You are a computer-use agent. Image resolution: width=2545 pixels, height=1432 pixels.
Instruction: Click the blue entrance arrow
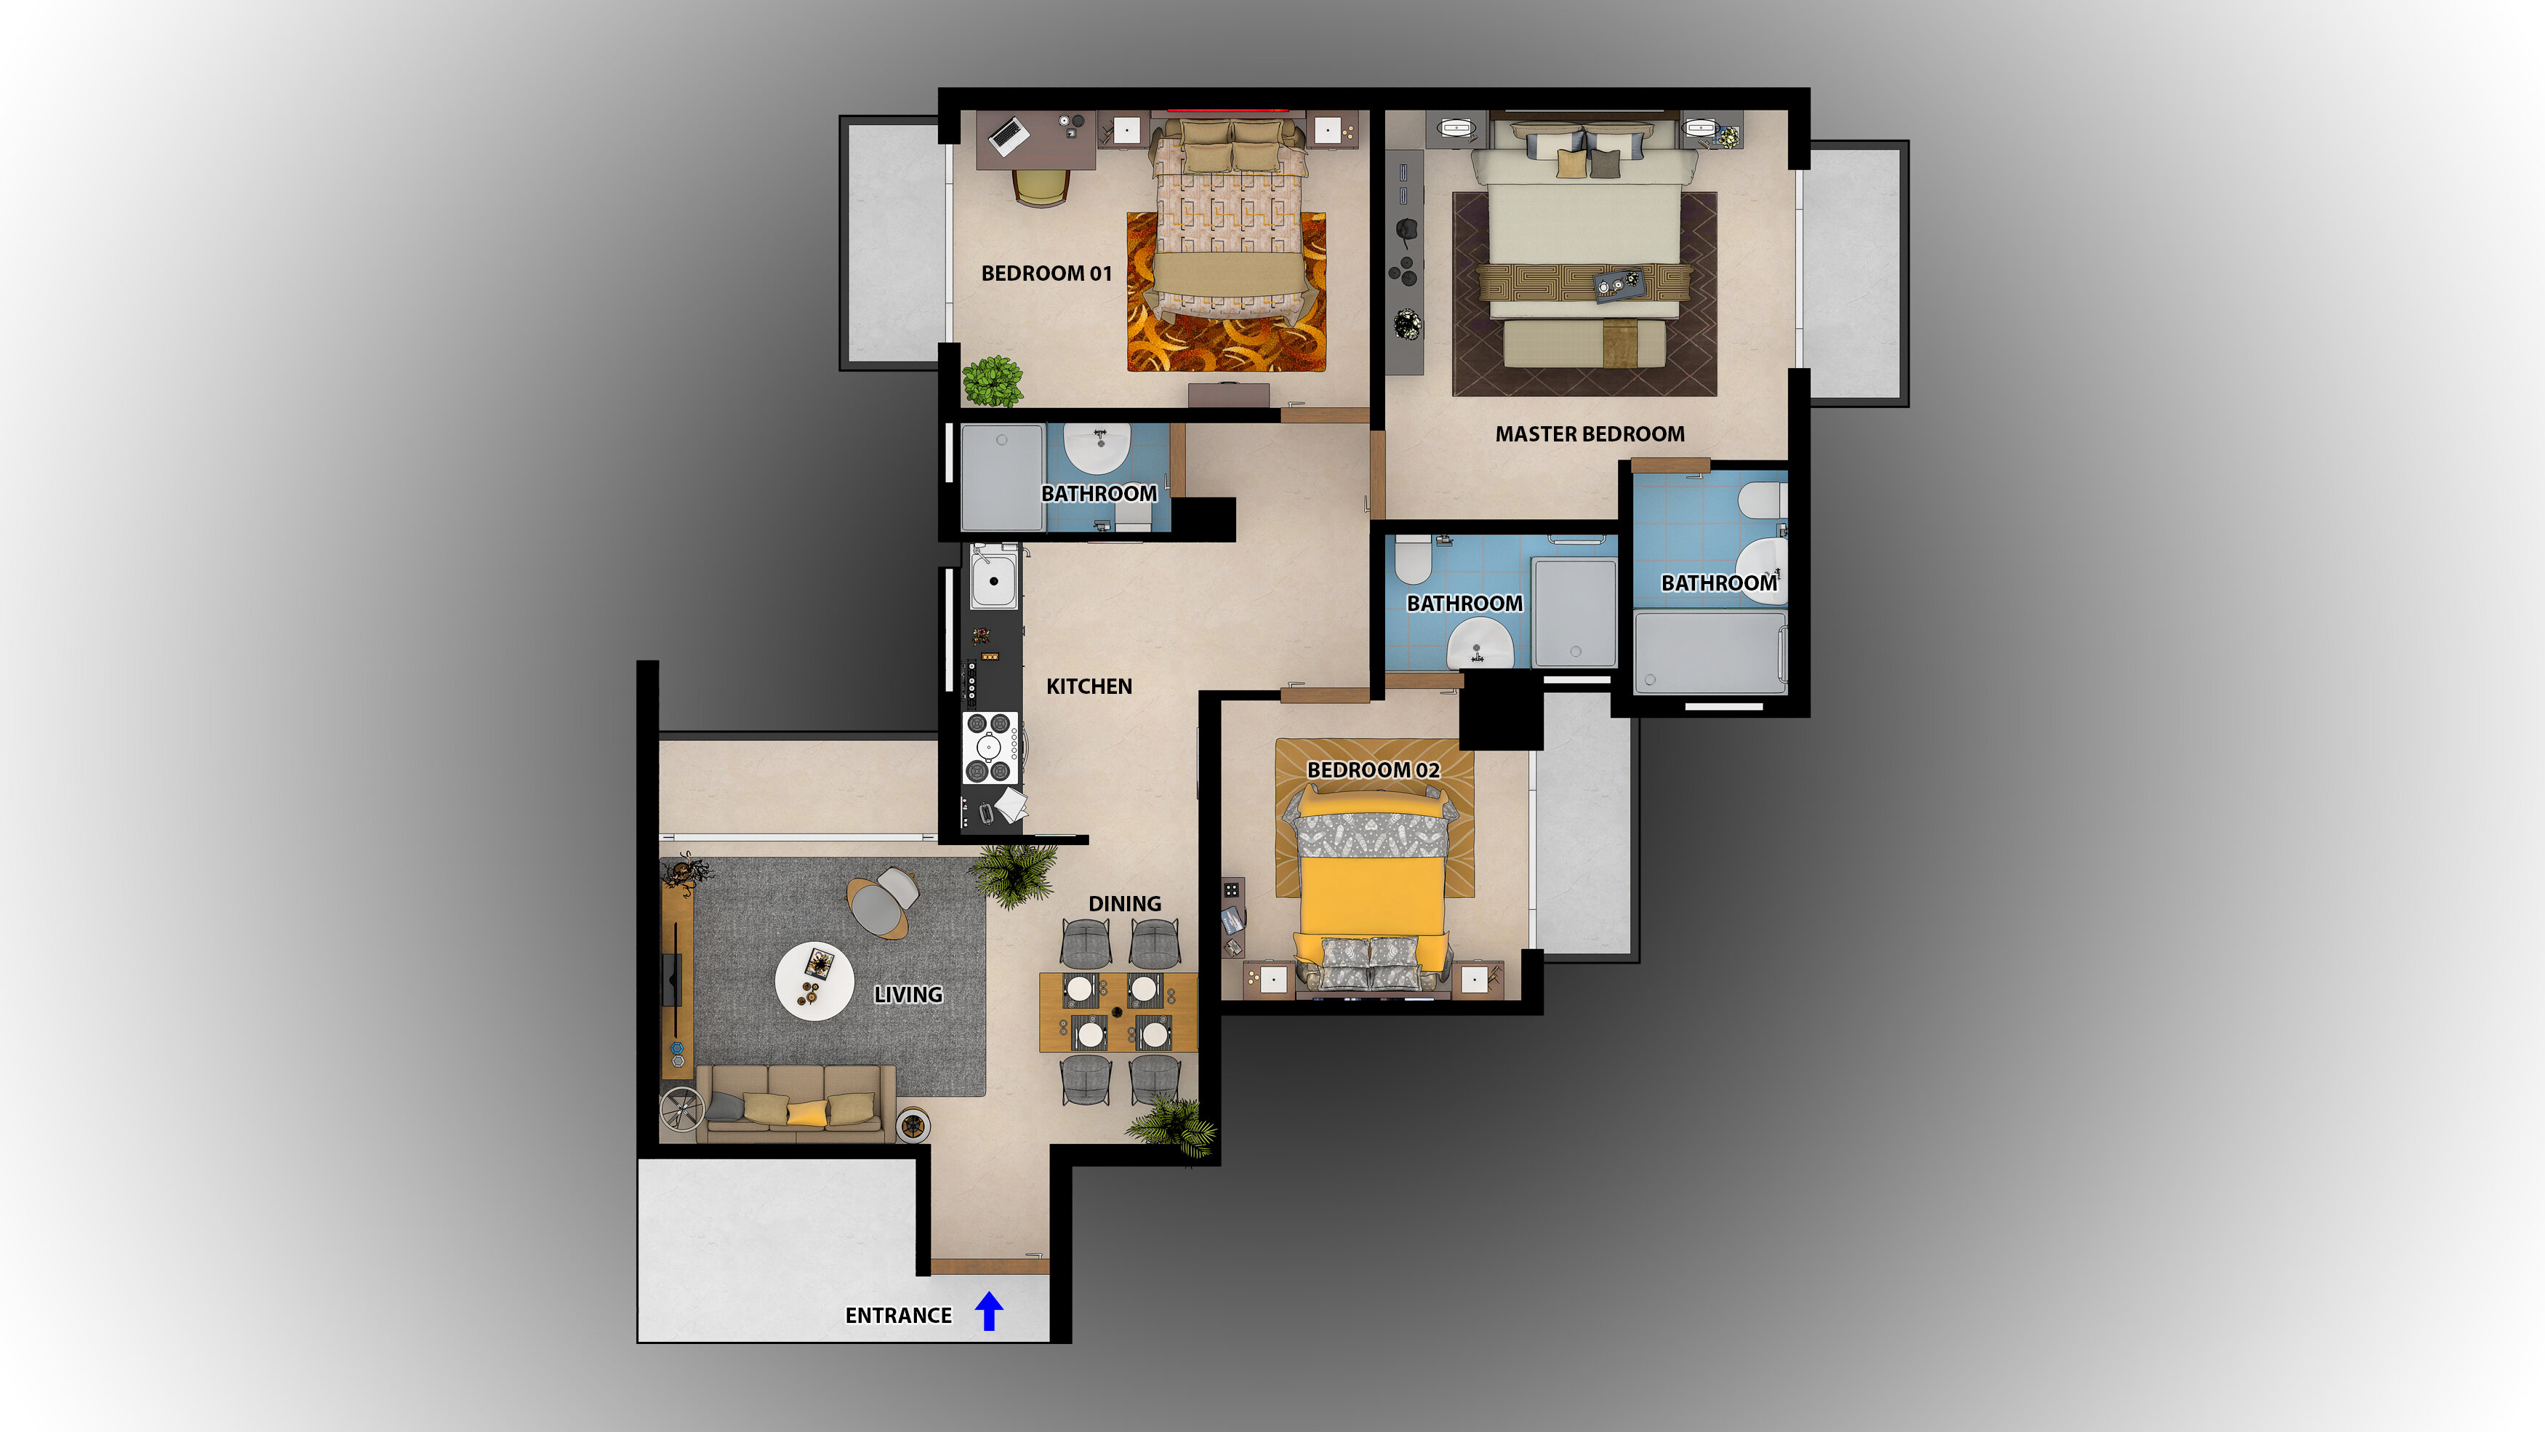[989, 1311]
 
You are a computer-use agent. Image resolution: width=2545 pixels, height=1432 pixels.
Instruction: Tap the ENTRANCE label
[898, 1316]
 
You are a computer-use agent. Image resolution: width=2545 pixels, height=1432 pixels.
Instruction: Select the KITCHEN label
[1089, 686]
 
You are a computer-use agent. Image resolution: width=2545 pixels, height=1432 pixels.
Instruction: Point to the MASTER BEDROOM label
[1590, 434]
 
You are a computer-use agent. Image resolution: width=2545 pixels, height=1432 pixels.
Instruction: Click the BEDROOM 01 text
[1046, 273]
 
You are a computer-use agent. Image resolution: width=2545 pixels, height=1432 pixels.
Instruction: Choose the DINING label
[1124, 903]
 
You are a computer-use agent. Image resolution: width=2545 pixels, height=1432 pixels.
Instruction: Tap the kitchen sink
[993, 580]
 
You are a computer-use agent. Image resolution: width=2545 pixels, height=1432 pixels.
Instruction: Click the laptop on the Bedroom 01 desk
[1009, 135]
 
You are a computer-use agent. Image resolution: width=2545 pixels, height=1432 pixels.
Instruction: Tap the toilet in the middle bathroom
[1413, 559]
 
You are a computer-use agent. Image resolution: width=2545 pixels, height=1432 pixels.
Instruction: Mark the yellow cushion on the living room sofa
[807, 1113]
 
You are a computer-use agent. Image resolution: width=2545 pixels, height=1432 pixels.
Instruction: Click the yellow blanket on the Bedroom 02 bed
[1371, 895]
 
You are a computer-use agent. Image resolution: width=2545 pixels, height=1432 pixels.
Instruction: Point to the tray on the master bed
[1619, 283]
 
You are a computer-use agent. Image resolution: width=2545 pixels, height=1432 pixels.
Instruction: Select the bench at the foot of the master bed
[1584, 345]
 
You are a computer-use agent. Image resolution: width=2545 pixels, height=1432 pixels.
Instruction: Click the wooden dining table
[1118, 1012]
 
